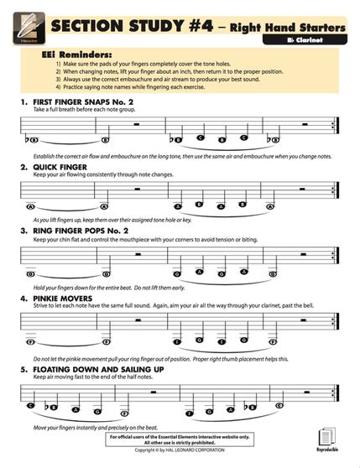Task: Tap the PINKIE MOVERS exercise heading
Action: click(67, 296)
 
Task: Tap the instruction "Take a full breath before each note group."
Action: click(88, 111)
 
